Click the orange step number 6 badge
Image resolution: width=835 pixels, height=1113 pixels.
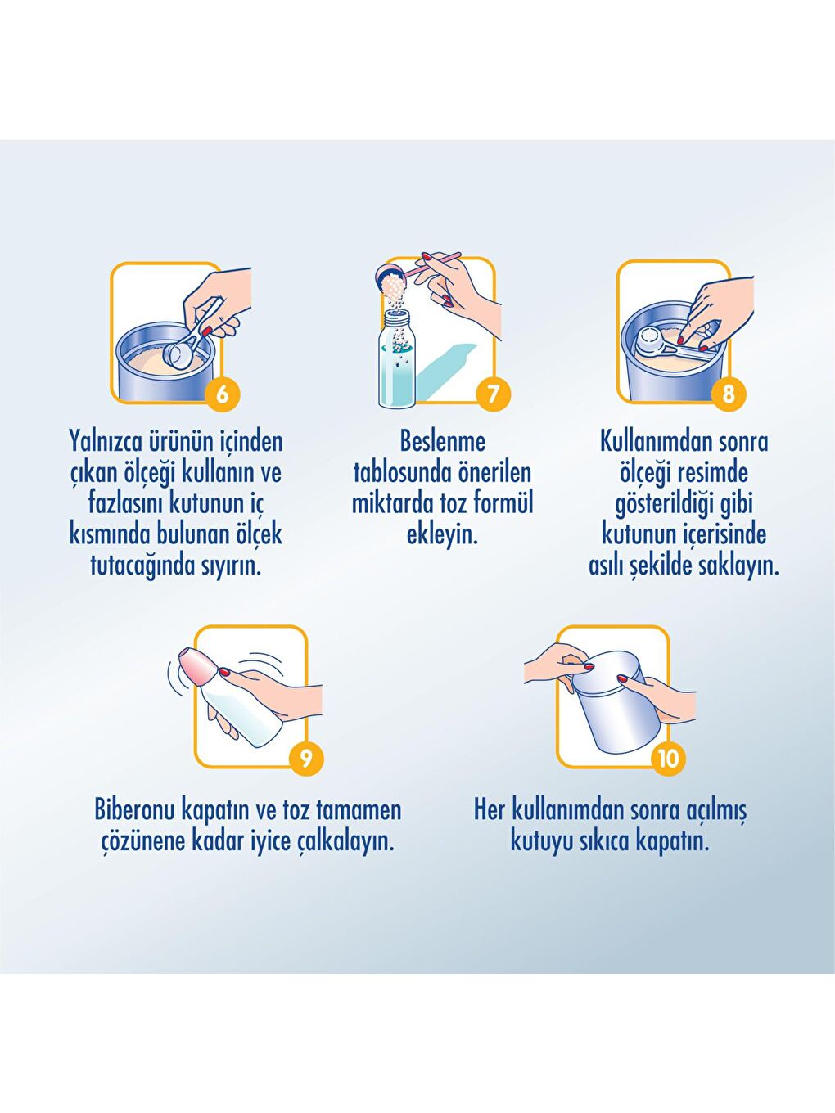[222, 394]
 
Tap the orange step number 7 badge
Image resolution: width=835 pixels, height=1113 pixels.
[493, 394]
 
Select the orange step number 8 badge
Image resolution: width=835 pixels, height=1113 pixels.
[728, 394]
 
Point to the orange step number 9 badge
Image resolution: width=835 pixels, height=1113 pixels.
[306, 758]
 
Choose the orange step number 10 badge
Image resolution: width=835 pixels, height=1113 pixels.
[668, 758]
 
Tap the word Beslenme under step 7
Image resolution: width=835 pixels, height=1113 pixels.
[442, 442]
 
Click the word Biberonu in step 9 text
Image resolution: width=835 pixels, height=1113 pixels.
[134, 810]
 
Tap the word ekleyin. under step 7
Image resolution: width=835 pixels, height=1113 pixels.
[442, 535]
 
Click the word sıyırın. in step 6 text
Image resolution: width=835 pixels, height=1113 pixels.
[232, 566]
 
